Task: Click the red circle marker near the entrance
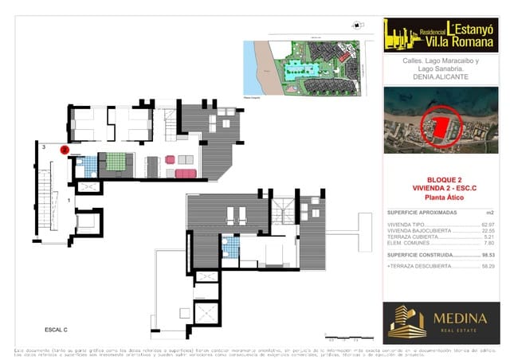65,149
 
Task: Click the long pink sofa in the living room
185,173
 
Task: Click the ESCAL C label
56,329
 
